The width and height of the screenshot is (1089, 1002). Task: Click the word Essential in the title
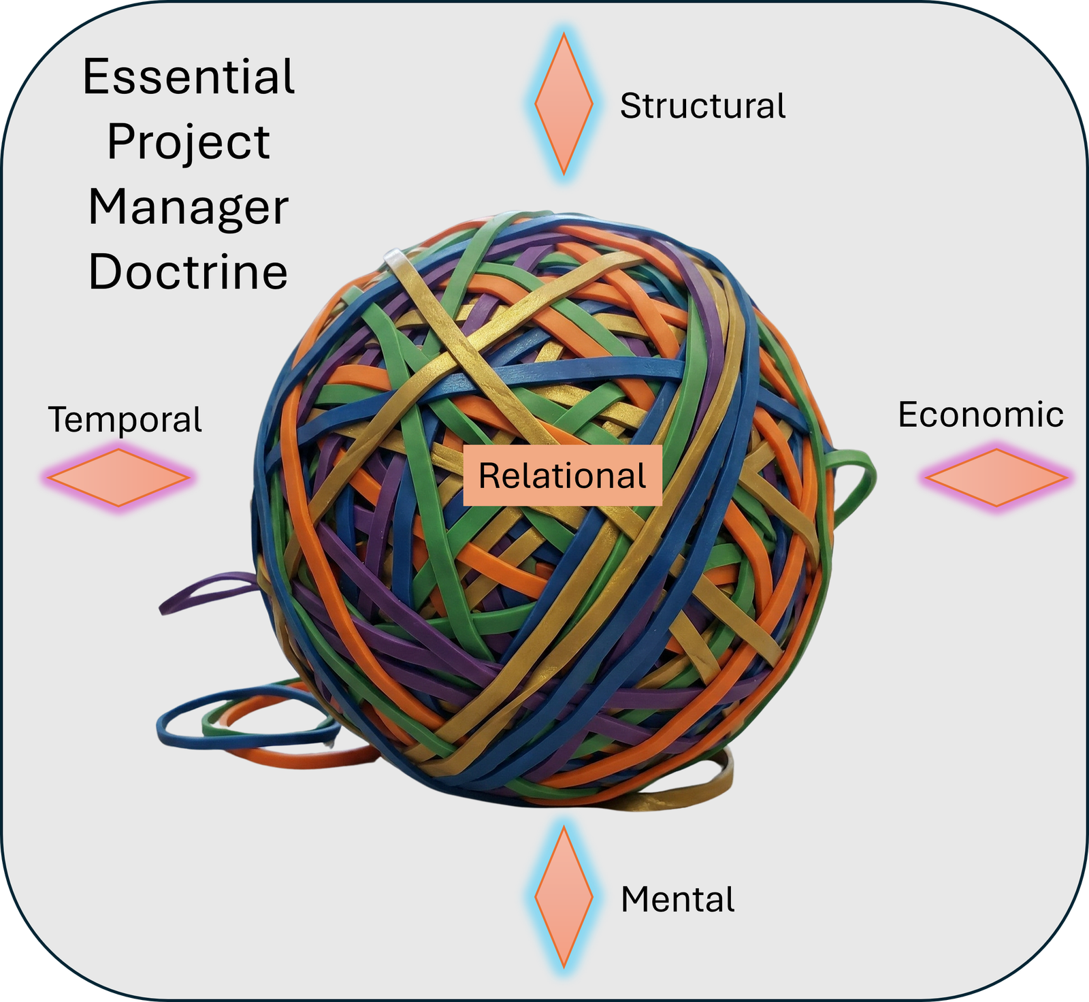(x=189, y=77)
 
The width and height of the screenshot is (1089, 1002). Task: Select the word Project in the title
(x=189, y=143)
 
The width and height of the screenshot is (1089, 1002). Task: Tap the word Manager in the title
(x=189, y=208)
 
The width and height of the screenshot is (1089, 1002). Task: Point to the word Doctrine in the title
(x=189, y=272)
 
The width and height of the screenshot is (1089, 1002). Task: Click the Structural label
(x=702, y=107)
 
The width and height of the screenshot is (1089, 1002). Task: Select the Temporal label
(x=125, y=419)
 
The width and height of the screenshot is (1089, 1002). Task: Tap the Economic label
(x=980, y=415)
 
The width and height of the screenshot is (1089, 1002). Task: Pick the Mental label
(x=678, y=899)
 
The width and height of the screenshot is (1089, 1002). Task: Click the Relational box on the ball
(x=562, y=476)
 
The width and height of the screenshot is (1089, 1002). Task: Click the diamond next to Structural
(x=564, y=103)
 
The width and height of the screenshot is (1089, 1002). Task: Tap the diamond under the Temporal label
(x=118, y=477)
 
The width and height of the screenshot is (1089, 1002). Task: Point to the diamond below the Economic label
(x=996, y=477)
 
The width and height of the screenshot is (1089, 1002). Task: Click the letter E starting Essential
(x=95, y=77)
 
